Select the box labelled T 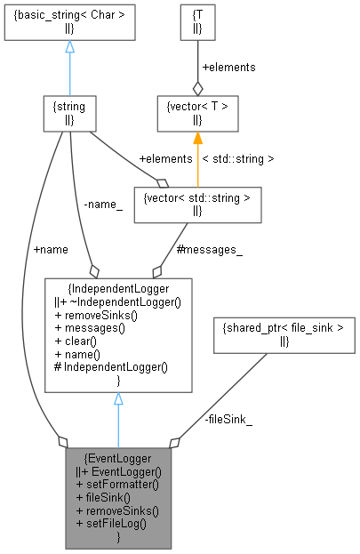click(197, 21)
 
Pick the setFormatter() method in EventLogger click(119, 485)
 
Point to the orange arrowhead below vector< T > click(197, 138)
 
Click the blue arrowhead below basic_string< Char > click(69, 46)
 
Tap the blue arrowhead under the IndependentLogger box click(118, 399)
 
